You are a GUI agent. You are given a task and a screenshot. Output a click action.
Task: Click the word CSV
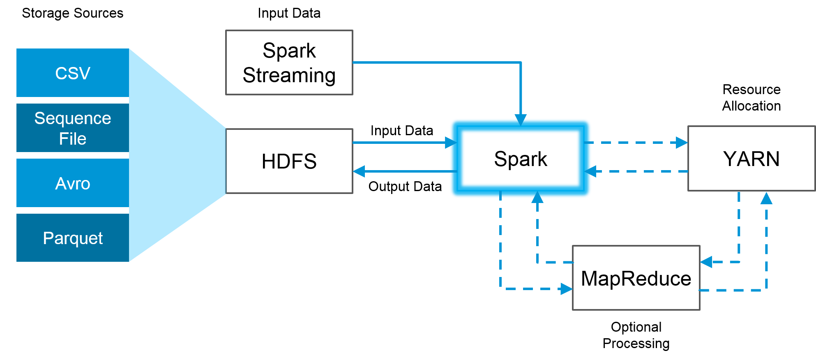click(73, 73)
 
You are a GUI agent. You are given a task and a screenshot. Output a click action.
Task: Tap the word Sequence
click(73, 118)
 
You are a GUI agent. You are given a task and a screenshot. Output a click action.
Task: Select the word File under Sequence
click(73, 139)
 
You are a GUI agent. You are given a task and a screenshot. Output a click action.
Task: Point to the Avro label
click(73, 183)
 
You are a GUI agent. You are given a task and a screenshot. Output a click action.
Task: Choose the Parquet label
click(73, 238)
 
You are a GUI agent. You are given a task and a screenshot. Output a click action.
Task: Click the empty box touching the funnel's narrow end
click(289, 161)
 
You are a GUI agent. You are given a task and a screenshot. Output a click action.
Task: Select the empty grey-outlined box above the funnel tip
click(289, 62)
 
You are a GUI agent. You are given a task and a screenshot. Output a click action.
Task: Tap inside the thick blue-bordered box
click(520, 158)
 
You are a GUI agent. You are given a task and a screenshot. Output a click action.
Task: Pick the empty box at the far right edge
click(751, 158)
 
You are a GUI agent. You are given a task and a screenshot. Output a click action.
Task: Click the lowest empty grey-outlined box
click(636, 278)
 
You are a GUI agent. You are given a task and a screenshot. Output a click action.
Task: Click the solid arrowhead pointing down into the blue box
click(521, 120)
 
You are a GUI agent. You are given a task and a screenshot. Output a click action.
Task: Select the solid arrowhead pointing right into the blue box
click(451, 143)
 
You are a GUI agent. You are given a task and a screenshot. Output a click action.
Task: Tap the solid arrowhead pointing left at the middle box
click(359, 171)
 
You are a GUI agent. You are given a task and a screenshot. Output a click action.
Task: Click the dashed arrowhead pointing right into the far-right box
click(682, 143)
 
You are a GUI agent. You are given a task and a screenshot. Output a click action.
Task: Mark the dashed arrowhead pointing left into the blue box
click(590, 171)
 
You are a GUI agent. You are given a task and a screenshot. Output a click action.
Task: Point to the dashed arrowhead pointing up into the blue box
click(537, 197)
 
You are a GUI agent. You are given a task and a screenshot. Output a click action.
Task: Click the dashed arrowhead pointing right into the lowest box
click(567, 289)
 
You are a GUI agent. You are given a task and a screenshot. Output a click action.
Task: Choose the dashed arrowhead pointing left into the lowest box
click(706, 262)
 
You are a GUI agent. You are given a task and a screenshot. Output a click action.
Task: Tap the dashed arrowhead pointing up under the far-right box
click(766, 198)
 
